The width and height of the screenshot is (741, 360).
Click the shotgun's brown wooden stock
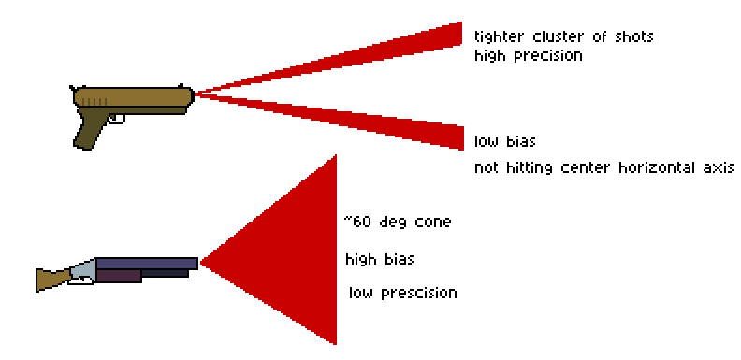tap(53, 280)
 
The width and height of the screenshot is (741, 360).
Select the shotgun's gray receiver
tap(82, 271)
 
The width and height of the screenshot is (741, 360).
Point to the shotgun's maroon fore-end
tap(118, 276)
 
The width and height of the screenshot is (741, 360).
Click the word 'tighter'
tap(499, 36)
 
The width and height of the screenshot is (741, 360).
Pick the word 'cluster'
tap(559, 36)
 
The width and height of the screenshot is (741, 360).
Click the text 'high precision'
tap(529, 56)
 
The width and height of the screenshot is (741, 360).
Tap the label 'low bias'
tap(504, 141)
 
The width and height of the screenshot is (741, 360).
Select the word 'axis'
tap(719, 167)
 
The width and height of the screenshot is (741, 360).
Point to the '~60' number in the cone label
tap(357, 222)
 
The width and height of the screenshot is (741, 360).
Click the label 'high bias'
tap(380, 260)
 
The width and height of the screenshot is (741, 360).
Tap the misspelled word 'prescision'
tap(419, 294)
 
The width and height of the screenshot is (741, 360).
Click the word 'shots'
tap(633, 36)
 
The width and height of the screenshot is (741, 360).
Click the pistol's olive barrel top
tap(134, 96)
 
